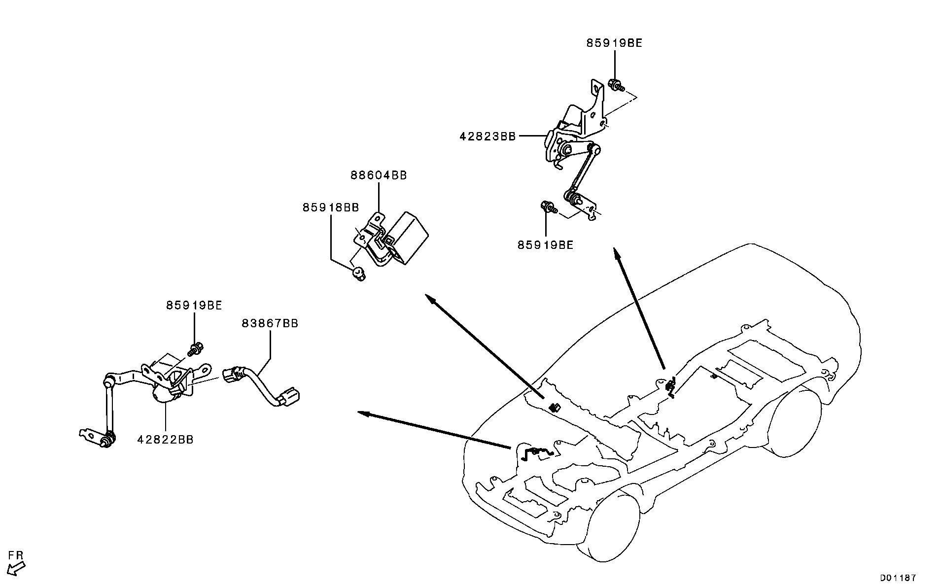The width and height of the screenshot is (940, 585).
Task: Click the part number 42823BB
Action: coord(487,136)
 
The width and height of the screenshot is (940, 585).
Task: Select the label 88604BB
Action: coord(379,175)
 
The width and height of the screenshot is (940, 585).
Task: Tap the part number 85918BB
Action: coord(330,207)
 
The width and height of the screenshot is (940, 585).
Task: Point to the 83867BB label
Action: coord(270,323)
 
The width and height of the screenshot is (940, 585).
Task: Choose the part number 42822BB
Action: coord(165,440)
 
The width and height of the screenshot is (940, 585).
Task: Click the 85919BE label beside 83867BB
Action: coord(194,306)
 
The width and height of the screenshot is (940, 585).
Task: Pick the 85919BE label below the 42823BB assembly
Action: coord(546,245)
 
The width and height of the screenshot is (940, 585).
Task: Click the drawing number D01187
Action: coord(898,578)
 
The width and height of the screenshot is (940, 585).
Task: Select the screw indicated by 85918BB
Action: coord(358,274)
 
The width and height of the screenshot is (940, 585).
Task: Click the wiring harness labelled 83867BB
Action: coord(262,387)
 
